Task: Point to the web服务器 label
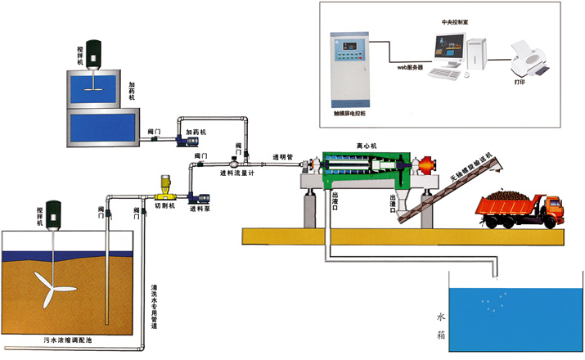click(x=410, y=68)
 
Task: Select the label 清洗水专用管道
click(x=155, y=306)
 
